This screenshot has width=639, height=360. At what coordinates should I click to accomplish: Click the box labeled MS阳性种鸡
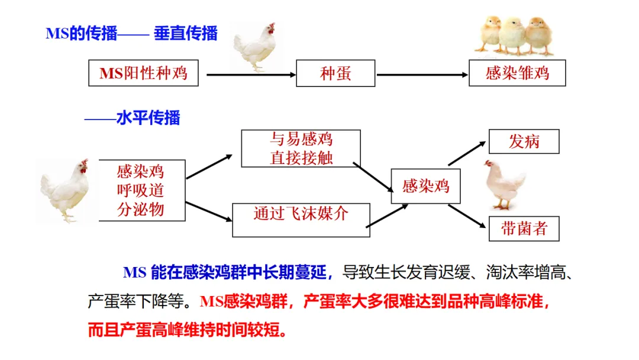[144, 73]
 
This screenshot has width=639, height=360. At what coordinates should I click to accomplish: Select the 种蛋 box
[335, 73]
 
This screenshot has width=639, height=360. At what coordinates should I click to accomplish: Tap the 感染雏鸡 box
[517, 73]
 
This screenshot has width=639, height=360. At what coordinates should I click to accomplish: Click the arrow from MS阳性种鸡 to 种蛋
[251, 75]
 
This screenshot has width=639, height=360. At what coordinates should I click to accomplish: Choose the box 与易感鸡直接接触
[301, 148]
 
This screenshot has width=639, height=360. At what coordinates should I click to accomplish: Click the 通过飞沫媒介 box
[301, 214]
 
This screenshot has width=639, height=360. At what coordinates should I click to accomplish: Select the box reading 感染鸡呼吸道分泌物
[141, 190]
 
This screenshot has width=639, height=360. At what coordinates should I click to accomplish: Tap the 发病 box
[524, 142]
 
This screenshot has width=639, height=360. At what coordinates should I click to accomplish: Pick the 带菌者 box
[524, 229]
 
